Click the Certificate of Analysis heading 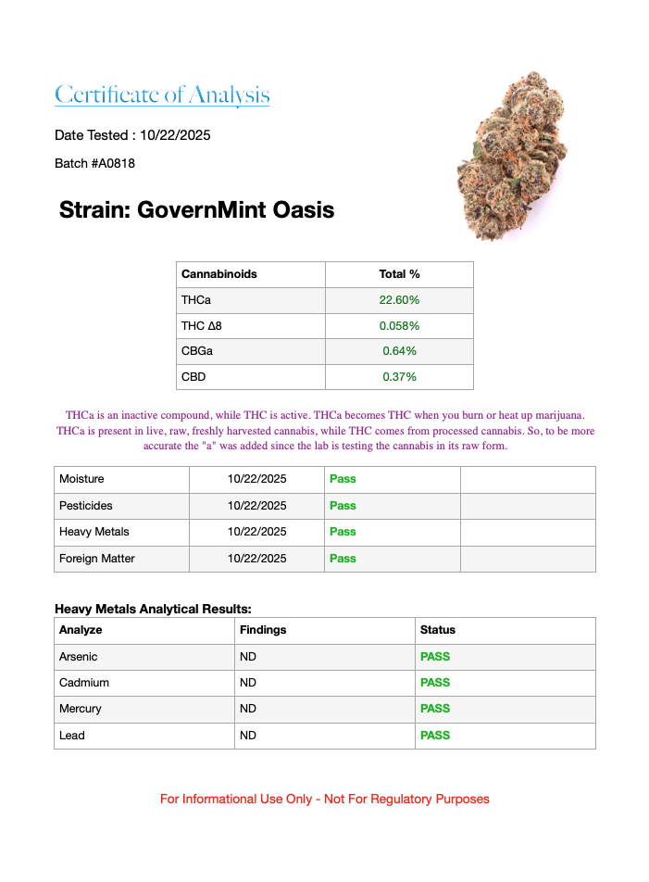point(162,94)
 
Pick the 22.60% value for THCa point(399,300)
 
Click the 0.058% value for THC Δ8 point(399,326)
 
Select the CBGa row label point(196,351)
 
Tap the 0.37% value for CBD point(399,377)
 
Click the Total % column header point(399,274)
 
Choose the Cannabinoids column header point(219,274)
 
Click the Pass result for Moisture point(343,479)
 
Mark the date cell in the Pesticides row point(256,506)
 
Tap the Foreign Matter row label point(97,559)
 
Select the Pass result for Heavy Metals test point(343,532)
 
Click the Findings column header point(263,630)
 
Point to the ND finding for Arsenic point(248,657)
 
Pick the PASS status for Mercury point(435,709)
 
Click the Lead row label point(72,736)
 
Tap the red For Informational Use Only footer point(325,799)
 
